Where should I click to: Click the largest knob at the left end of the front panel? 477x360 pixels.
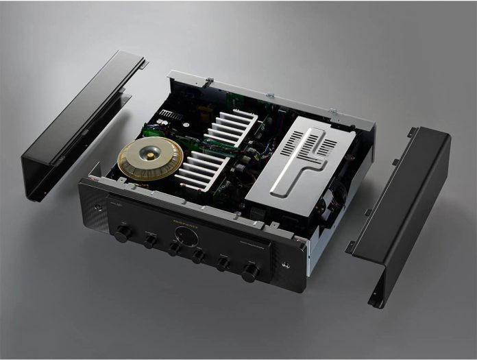(x=123, y=233)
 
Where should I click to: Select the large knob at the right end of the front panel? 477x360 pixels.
(x=250, y=272)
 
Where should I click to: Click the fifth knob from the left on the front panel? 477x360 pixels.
(x=223, y=263)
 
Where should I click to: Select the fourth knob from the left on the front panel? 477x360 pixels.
(x=199, y=256)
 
